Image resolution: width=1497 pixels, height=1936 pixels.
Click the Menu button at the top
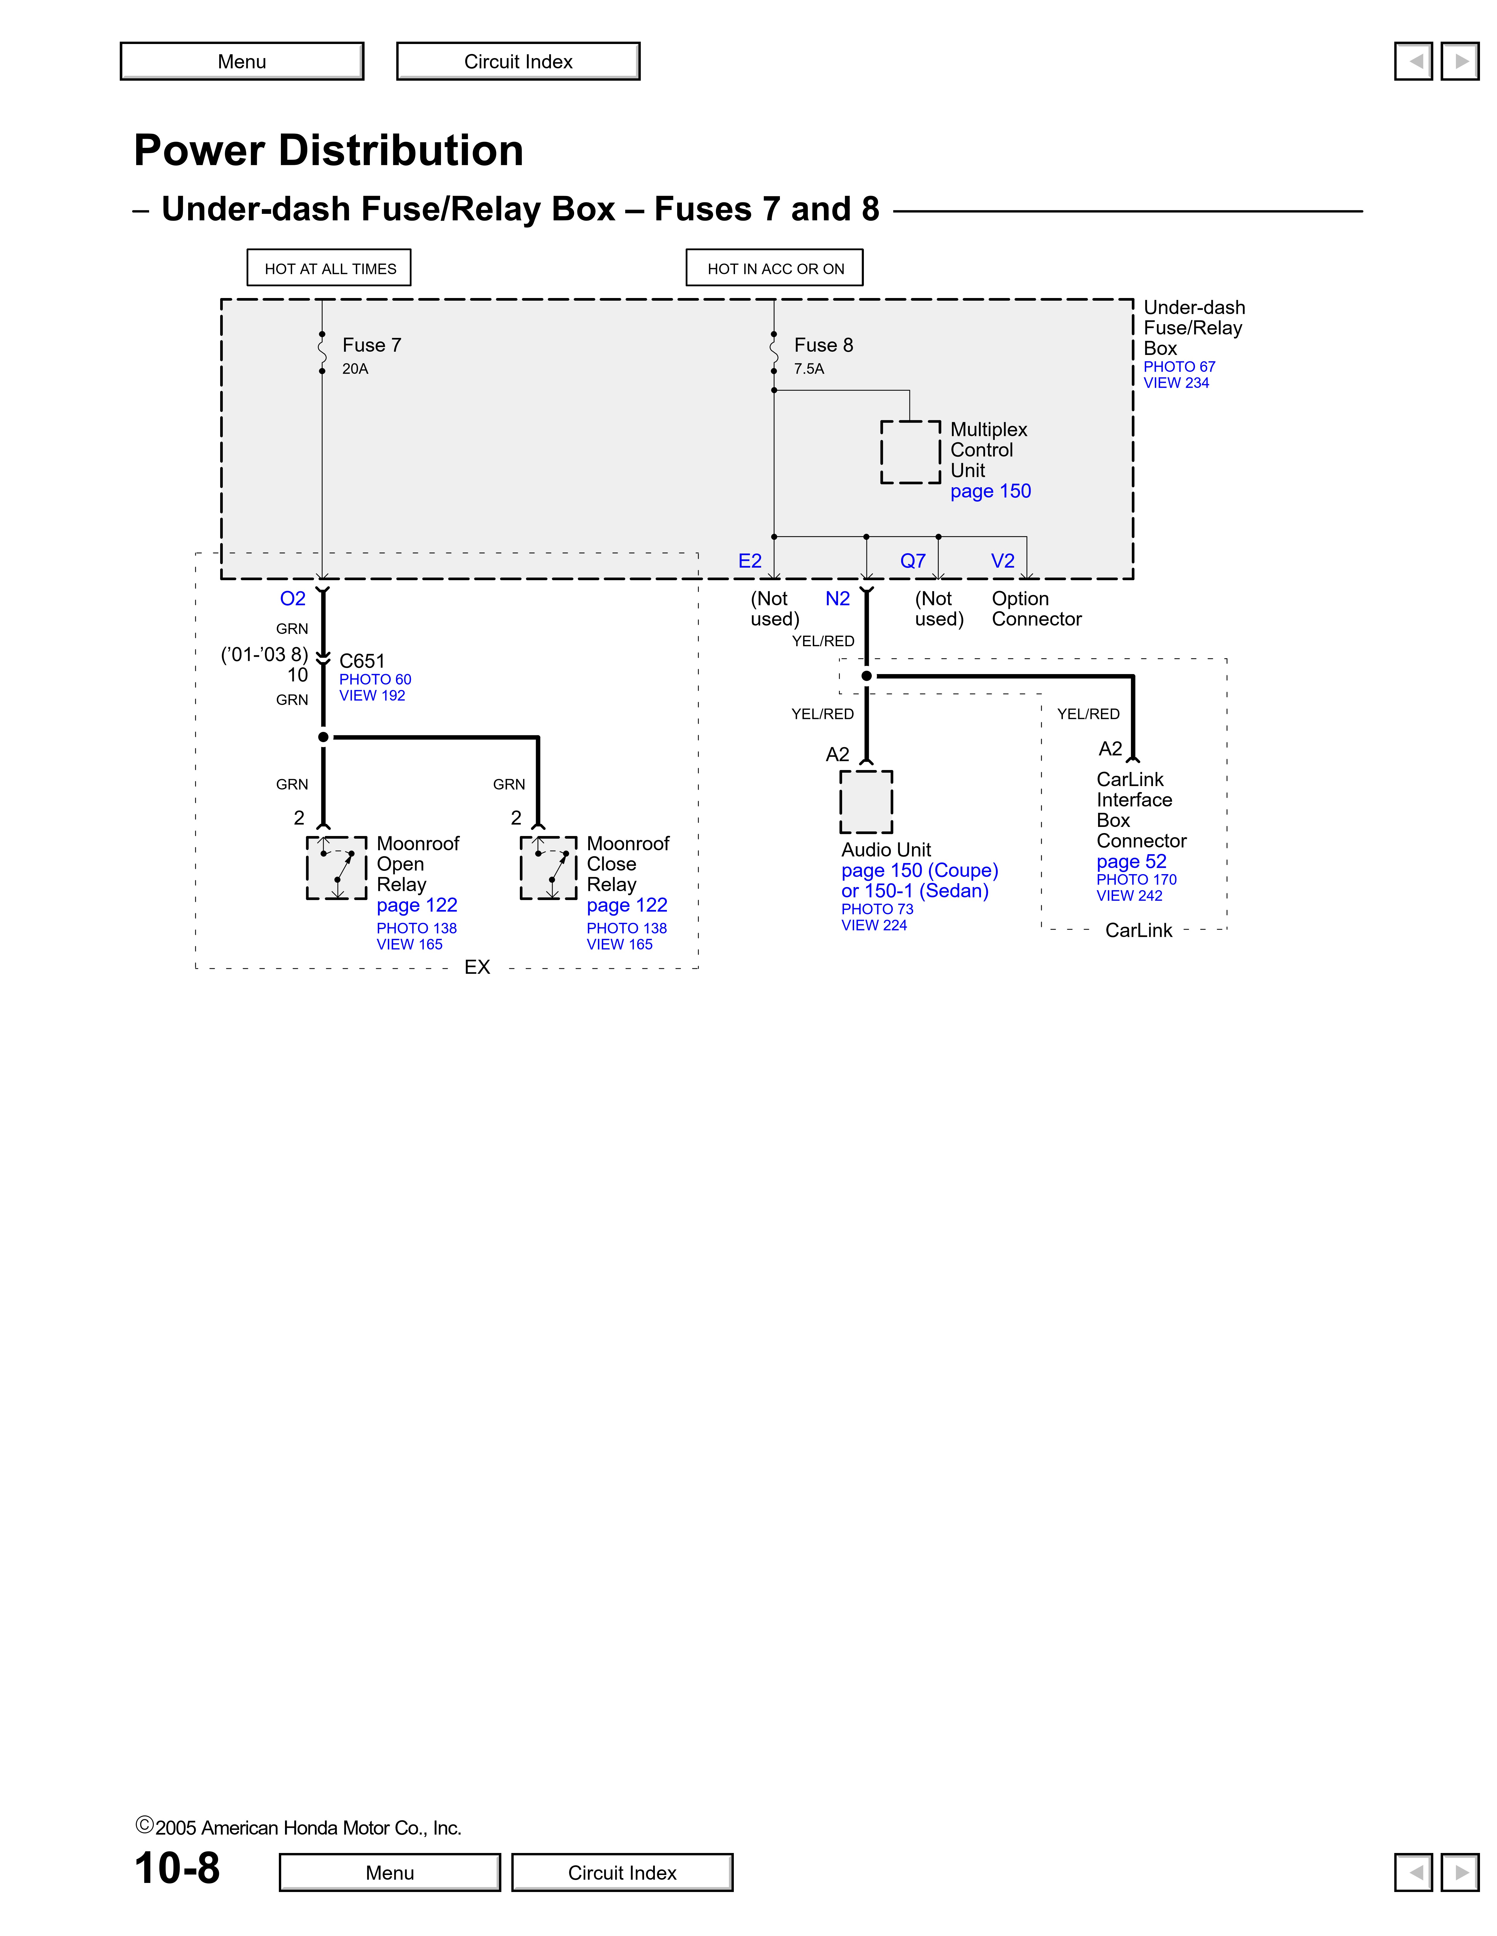coord(242,61)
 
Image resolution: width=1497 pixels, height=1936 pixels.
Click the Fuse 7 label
coord(372,345)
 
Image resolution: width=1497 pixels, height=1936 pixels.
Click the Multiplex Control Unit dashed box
coord(910,452)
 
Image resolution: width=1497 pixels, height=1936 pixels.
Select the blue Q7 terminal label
coord(913,561)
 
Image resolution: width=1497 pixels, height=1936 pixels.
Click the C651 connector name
coord(362,661)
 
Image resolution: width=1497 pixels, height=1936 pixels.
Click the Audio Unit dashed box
coord(866,801)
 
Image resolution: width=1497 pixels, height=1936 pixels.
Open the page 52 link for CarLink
coord(1131,862)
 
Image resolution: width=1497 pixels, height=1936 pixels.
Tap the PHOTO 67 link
coord(1179,367)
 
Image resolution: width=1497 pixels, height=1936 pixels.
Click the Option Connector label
coord(1036,609)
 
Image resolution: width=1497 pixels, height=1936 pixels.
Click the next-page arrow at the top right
coord(1460,61)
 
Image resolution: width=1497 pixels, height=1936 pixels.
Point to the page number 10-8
coord(177,1869)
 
